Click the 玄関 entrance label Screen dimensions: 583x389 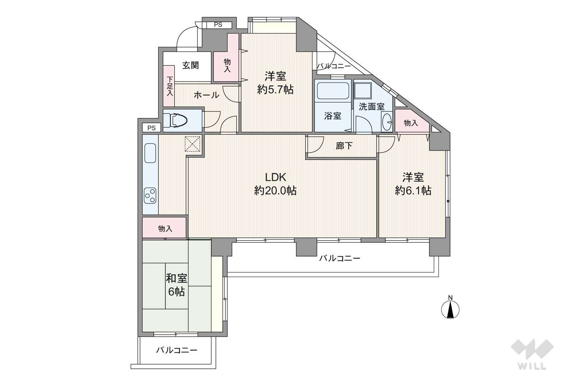[x=191, y=65]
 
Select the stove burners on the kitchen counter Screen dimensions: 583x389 [x=150, y=195]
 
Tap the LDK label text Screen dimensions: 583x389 [x=276, y=177]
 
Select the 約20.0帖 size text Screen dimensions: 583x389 [x=275, y=191]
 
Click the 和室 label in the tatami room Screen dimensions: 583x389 [x=177, y=278]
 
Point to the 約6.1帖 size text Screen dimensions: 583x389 [x=413, y=191]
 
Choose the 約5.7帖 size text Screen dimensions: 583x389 [x=275, y=90]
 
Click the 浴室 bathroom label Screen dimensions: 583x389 [x=333, y=116]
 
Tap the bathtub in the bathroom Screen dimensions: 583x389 [x=333, y=91]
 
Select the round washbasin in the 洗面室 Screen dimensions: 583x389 [x=387, y=122]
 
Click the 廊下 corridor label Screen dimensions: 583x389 [x=344, y=146]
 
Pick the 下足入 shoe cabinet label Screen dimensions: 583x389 [x=170, y=86]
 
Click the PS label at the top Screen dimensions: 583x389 [x=218, y=25]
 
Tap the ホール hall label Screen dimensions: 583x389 [x=206, y=95]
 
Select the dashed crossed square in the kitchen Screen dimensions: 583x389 [x=192, y=144]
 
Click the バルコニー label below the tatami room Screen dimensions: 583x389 [x=177, y=350]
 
